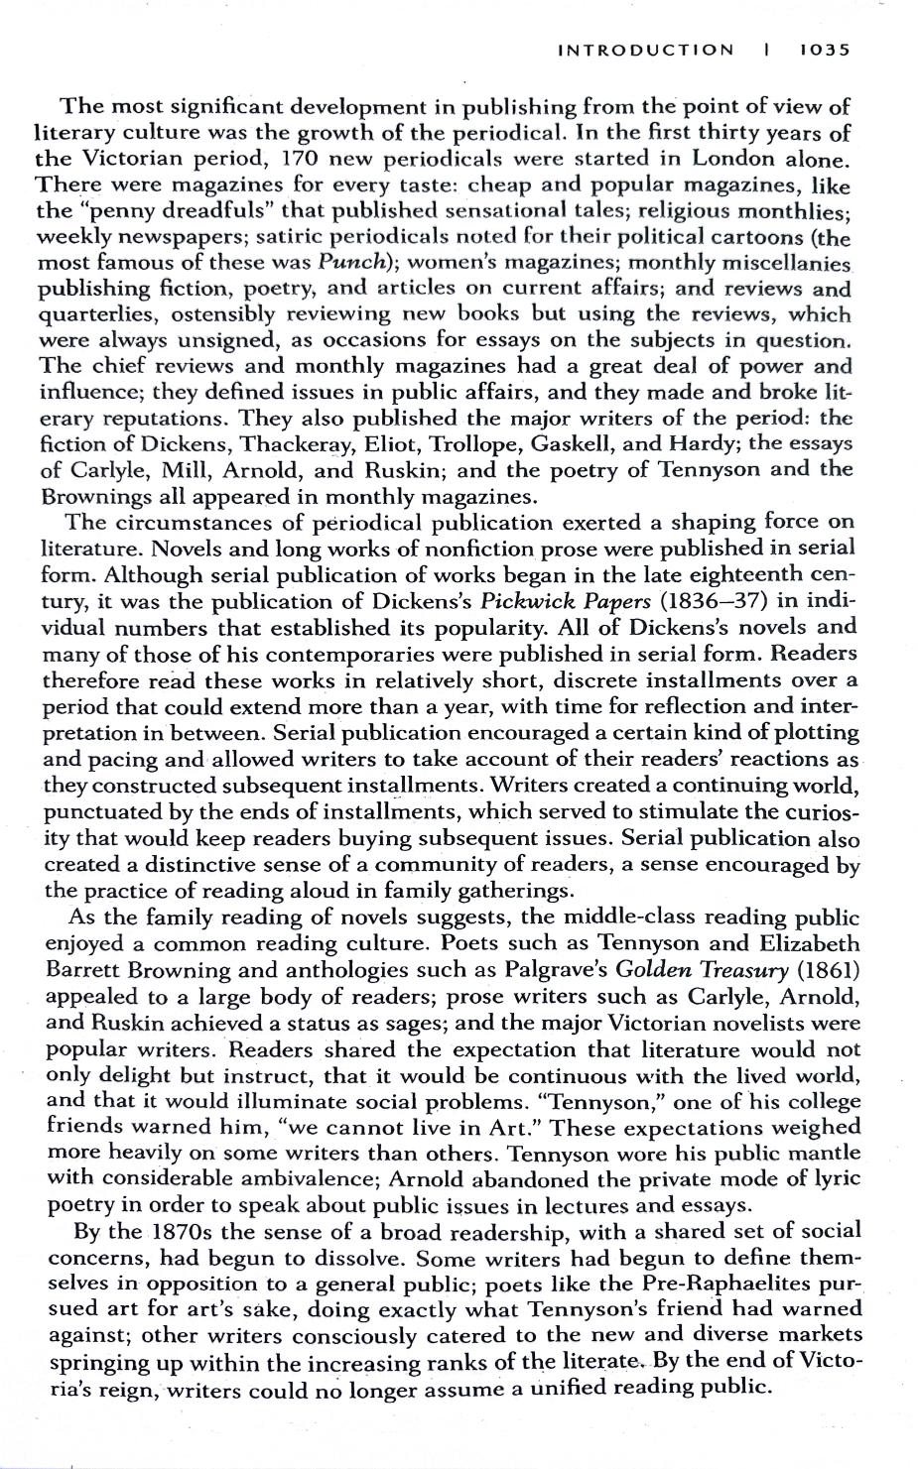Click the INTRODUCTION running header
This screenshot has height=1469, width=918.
[x=646, y=50]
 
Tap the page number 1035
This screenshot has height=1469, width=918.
[x=825, y=50]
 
